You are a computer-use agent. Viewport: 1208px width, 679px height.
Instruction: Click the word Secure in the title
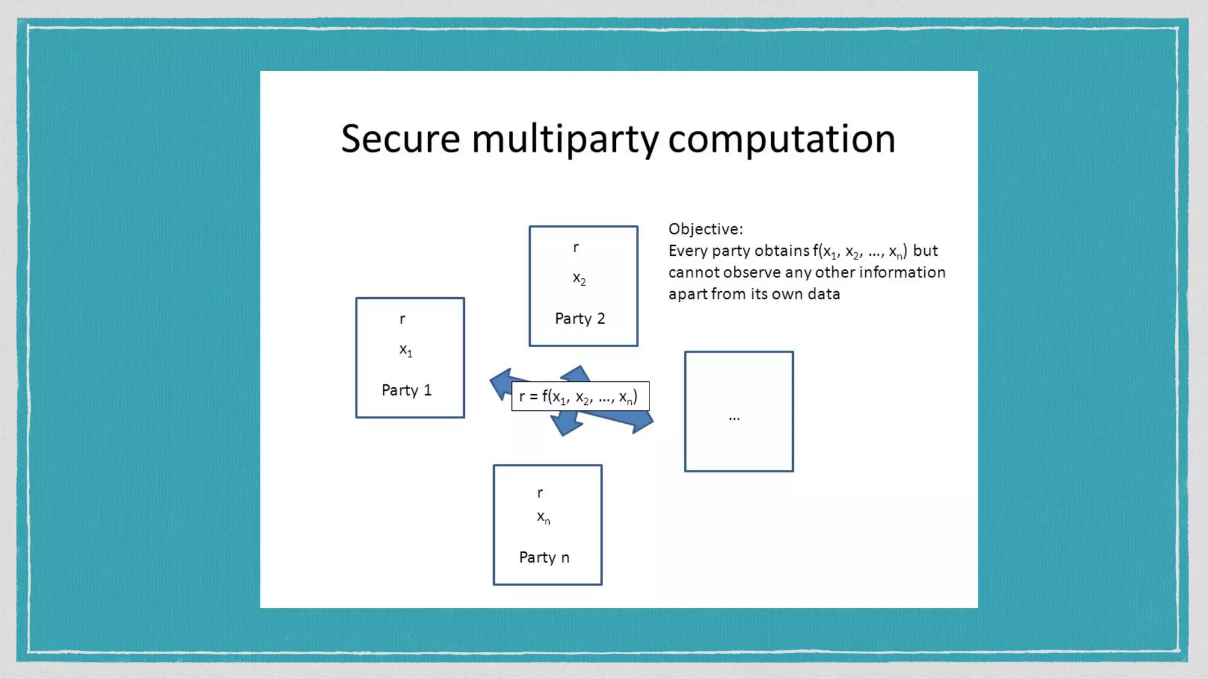click(x=401, y=140)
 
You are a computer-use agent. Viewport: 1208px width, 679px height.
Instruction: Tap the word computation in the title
click(x=782, y=140)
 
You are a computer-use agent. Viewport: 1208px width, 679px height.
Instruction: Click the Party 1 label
click(x=406, y=390)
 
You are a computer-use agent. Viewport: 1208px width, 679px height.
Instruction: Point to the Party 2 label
click(x=580, y=319)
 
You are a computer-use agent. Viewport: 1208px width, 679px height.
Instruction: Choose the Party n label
click(x=544, y=558)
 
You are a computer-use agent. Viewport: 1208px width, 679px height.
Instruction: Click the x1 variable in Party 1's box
click(x=406, y=350)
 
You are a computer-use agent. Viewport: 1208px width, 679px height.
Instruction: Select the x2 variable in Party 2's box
click(x=579, y=279)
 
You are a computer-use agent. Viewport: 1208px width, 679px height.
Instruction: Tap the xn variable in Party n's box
click(x=543, y=518)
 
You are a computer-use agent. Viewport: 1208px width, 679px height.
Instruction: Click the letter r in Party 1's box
click(x=402, y=319)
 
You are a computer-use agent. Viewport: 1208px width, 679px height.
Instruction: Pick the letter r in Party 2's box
click(x=576, y=248)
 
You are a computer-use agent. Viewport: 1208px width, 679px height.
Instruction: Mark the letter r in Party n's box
click(x=540, y=493)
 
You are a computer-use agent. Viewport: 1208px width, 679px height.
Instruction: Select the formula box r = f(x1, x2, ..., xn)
click(x=580, y=397)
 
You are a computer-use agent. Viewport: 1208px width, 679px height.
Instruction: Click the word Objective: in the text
click(x=705, y=229)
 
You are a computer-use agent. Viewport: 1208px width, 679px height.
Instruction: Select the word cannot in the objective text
click(x=694, y=272)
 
